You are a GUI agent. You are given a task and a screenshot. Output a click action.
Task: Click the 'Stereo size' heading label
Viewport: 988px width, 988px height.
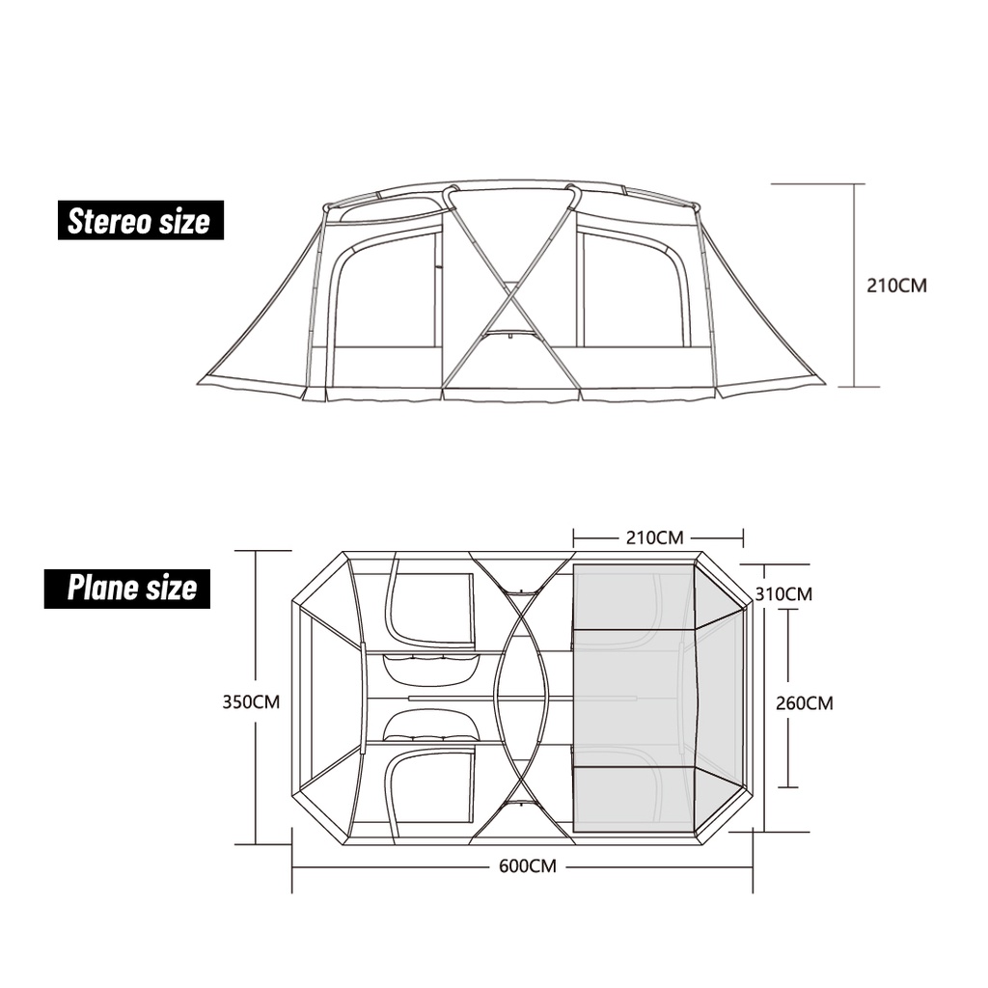pyautogui.click(x=141, y=220)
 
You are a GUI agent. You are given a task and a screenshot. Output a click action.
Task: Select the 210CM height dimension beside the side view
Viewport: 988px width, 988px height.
pyautogui.click(x=896, y=286)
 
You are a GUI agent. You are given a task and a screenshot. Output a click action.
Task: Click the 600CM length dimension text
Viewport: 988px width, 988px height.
pyautogui.click(x=528, y=865)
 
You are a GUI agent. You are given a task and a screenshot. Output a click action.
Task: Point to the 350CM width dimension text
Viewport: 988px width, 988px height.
pyautogui.click(x=251, y=701)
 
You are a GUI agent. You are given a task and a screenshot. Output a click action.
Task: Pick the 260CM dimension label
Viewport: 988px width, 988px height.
pyautogui.click(x=805, y=702)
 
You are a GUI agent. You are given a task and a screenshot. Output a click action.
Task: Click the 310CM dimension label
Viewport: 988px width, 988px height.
pyautogui.click(x=783, y=594)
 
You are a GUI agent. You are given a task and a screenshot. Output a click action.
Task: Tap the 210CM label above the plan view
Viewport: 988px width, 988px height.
pyautogui.click(x=655, y=537)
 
